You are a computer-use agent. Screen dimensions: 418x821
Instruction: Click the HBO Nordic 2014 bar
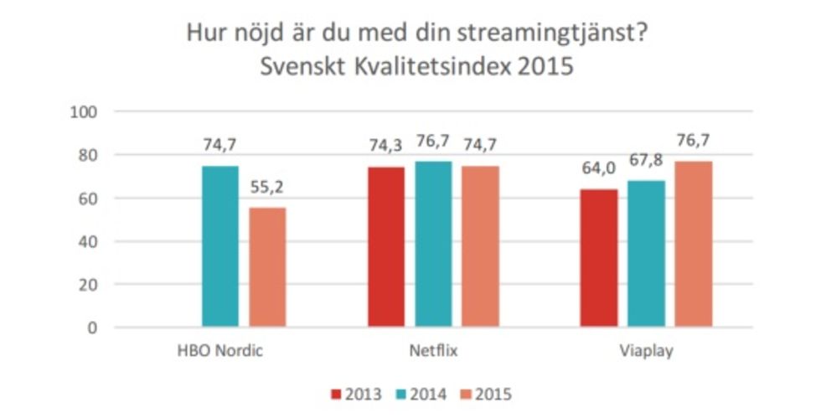point(220,246)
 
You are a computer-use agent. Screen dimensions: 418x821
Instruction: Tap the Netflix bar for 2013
point(386,247)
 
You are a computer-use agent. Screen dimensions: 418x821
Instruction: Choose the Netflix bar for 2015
point(480,246)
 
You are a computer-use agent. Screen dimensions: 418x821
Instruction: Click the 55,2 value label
point(266,188)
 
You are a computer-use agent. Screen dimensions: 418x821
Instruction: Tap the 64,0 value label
point(600,169)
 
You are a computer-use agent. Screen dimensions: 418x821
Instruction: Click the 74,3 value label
point(386,147)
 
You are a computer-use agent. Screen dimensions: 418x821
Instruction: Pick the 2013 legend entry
point(357,393)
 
